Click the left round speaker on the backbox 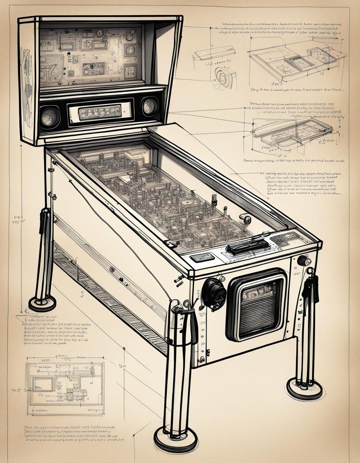50,117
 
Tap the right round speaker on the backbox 150,106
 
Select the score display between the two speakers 100,112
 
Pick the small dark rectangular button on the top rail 202,257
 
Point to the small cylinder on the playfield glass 245,219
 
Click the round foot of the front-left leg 176,439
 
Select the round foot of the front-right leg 305,389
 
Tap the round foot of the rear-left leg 42,303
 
